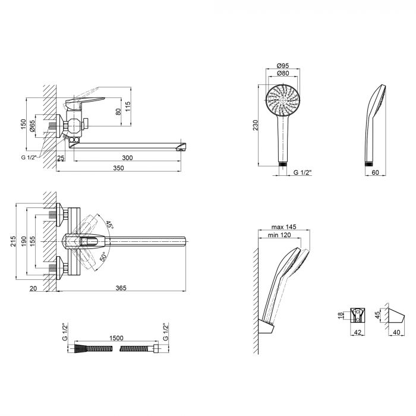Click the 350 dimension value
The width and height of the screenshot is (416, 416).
(x=118, y=168)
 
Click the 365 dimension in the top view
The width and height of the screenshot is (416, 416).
(x=121, y=288)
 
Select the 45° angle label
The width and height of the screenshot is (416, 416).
(x=109, y=225)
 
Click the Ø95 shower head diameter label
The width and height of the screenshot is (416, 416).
(x=283, y=65)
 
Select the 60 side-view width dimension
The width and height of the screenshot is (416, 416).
(x=374, y=173)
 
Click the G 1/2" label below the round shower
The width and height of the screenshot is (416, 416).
(x=303, y=173)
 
